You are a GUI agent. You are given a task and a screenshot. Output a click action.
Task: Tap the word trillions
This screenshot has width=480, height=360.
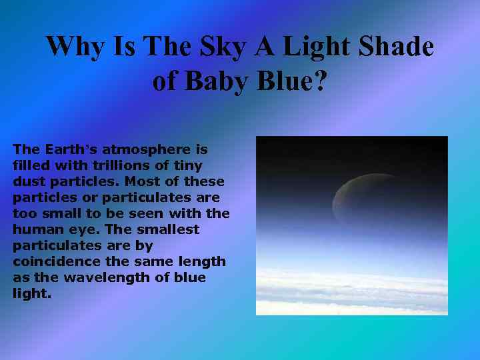(127, 165)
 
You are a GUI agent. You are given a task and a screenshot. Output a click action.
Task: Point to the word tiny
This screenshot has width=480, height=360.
(189, 165)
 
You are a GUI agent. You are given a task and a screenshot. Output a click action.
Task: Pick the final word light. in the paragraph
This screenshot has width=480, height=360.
(31, 293)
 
